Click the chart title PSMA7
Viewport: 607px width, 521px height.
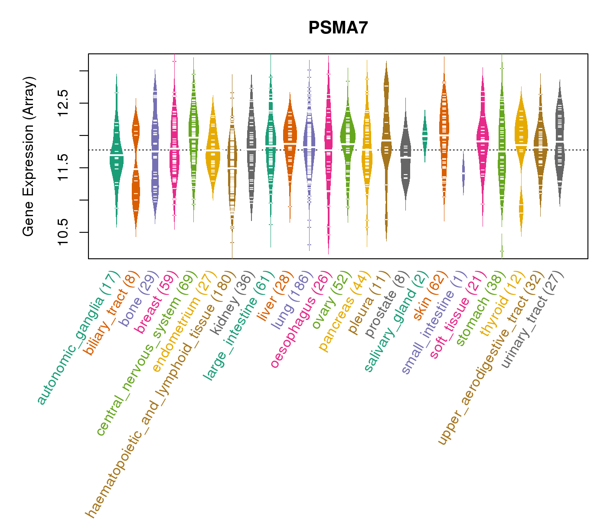(338, 28)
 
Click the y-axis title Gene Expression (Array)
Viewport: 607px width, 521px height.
(29, 157)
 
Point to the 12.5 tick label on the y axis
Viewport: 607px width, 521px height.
(63, 103)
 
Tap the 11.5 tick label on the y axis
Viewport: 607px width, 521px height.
(63, 168)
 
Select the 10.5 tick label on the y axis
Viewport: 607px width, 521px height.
(63, 232)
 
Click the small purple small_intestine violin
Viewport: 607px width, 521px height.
(463, 173)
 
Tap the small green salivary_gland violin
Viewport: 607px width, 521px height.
(425, 135)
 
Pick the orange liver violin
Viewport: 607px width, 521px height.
(290, 139)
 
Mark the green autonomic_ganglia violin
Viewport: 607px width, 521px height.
(116, 156)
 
